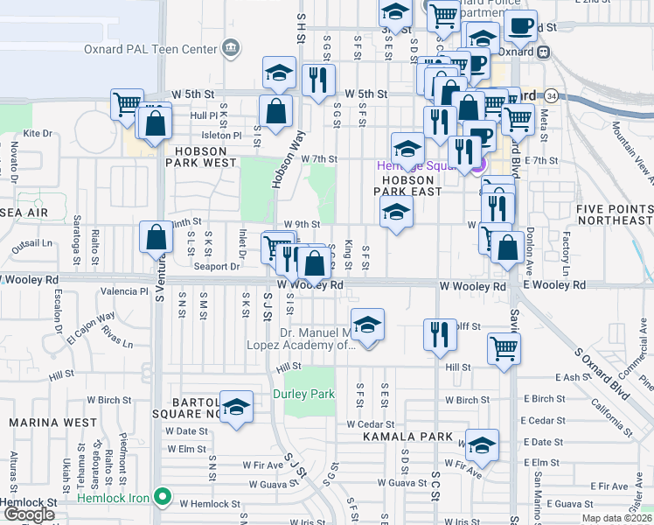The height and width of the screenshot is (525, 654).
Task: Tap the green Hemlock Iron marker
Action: (162, 497)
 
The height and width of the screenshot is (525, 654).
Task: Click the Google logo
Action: (29, 514)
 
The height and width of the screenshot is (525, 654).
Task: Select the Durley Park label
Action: (303, 395)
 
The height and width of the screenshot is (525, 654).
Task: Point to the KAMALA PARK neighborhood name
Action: (408, 437)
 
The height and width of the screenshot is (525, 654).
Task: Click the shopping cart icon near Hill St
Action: (504, 350)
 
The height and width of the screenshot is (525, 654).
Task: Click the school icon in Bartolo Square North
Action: (235, 409)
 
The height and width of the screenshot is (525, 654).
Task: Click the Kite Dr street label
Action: (38, 134)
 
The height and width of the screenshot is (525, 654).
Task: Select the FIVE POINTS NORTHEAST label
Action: (614, 215)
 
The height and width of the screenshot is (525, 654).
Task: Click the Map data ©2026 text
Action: (617, 519)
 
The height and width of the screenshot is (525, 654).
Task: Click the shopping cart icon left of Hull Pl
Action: (127, 104)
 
